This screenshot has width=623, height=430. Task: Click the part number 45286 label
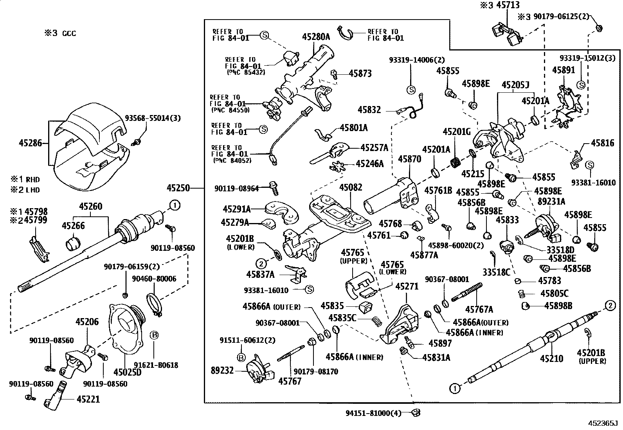pyautogui.click(x=30, y=143)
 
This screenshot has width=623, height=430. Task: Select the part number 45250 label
pyautogui.click(x=178, y=188)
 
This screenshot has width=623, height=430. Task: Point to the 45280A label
pyautogui.click(x=316, y=37)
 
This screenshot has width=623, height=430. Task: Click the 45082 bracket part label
pyautogui.click(x=351, y=187)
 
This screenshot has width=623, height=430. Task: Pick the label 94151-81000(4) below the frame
pyautogui.click(x=373, y=413)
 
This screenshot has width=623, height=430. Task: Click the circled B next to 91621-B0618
pyautogui.click(x=154, y=335)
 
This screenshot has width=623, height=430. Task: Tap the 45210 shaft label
pyautogui.click(x=551, y=358)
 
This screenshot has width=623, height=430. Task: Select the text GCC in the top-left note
pyautogui.click(x=69, y=33)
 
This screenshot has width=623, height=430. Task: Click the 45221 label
pyautogui.click(x=88, y=399)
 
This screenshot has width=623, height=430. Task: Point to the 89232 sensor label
pyautogui.click(x=222, y=370)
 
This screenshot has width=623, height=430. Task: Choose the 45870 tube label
pyautogui.click(x=409, y=159)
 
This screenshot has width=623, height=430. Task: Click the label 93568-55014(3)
pyautogui.click(x=153, y=118)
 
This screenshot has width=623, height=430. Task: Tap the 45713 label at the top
pyautogui.click(x=507, y=5)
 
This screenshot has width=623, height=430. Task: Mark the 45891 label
pyautogui.click(x=564, y=70)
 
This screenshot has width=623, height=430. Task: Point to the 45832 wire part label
pyautogui.click(x=369, y=110)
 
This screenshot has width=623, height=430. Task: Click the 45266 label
pyautogui.click(x=73, y=225)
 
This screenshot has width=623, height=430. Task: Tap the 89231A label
pyautogui.click(x=551, y=202)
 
